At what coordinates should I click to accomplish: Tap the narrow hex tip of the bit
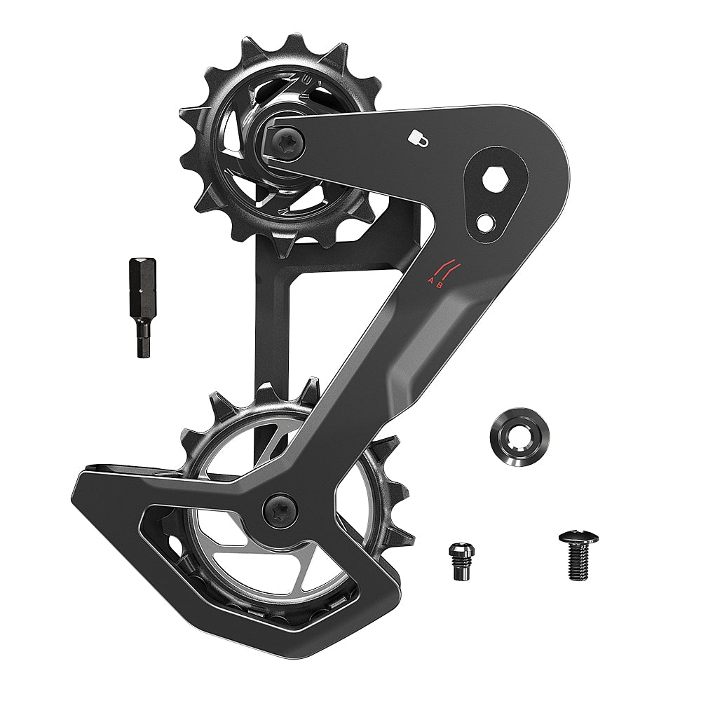coord(141,345)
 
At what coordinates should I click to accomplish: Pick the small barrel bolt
coord(458,560)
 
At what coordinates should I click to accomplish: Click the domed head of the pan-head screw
coord(578,538)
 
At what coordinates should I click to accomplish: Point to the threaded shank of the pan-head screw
coord(579,564)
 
